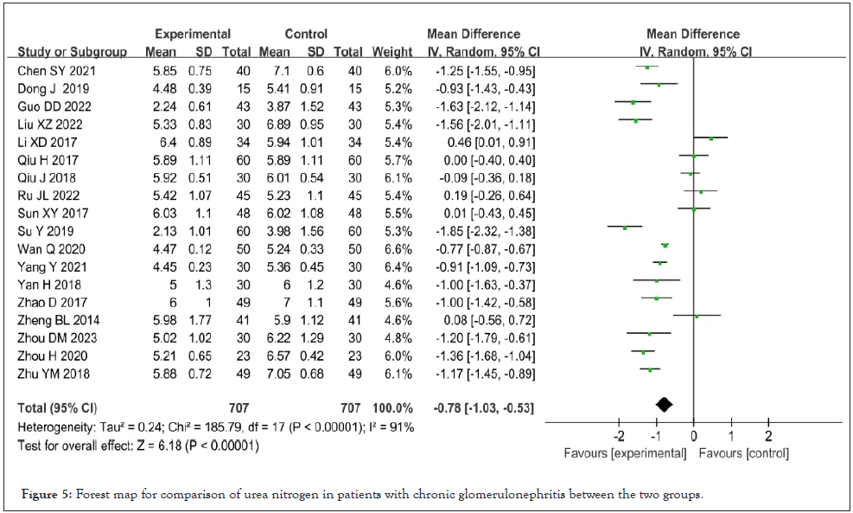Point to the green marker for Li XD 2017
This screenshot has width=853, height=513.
coord(711,138)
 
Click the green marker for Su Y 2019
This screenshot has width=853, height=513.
coord(624,227)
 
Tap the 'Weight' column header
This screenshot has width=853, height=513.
coord(391,51)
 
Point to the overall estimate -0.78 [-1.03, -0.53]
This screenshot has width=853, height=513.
coord(481,407)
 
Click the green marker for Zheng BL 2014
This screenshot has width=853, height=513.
coord(697,316)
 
